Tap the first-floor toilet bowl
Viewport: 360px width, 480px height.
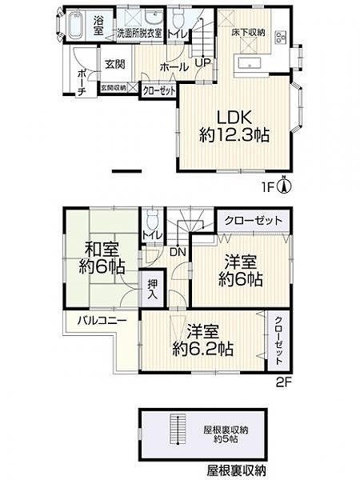coord(178,18)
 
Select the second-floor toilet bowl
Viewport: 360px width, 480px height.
coord(151,219)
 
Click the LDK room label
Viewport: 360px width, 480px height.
coord(234,118)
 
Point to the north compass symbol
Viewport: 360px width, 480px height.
coord(284,186)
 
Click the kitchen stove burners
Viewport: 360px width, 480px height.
coord(281,37)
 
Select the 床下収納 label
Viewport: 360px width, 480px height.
coord(248,33)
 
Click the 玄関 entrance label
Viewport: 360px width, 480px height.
coord(115,64)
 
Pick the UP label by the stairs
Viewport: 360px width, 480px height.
coord(203,63)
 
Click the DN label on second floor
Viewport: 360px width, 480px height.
coord(178,252)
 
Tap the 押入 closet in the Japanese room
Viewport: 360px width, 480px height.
coord(152,290)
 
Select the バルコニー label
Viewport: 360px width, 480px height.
coord(102,321)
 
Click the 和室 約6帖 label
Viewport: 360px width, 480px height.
coord(102,258)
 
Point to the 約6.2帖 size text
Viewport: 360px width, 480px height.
coord(203,349)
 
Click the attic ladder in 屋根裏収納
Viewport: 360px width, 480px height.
coord(178,430)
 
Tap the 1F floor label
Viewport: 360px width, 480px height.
coord(267,186)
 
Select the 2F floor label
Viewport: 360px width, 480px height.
coord(283,382)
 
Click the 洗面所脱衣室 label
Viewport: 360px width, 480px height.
coord(139,34)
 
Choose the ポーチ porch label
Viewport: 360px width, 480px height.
coord(81,83)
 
